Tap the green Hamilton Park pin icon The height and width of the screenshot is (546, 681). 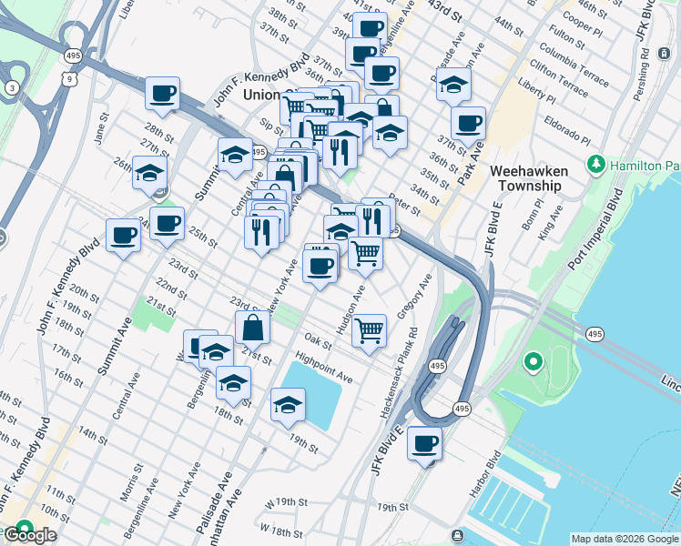point(596,165)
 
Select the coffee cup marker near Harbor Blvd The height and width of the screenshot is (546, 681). point(424,444)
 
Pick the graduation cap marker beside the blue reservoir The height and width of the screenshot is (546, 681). point(288,404)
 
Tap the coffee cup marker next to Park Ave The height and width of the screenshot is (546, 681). point(468,123)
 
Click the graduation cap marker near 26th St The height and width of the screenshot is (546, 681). point(149,173)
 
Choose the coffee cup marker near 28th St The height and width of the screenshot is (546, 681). point(162,93)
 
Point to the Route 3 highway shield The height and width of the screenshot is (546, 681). point(12,87)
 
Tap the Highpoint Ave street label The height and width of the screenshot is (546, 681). point(323,365)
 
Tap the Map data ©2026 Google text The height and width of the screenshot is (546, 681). point(625,539)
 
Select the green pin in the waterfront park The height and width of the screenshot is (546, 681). point(533,364)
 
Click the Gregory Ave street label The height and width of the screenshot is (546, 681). point(412,294)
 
